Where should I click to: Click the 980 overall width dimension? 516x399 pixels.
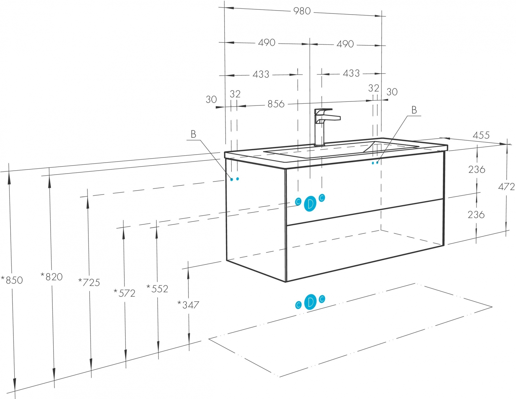(x=302, y=11)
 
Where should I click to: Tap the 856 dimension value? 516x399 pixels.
(x=276, y=104)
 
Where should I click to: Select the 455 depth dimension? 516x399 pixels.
(x=481, y=135)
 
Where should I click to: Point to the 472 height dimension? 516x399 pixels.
(x=506, y=187)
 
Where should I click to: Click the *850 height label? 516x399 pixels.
(x=12, y=280)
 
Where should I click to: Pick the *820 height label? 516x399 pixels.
(x=52, y=276)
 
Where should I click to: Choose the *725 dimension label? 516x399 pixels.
(x=89, y=282)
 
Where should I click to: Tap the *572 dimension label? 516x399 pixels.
(x=125, y=293)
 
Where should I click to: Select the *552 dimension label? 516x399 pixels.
(x=157, y=289)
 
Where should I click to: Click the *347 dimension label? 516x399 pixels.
(x=188, y=305)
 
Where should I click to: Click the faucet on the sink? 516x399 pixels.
(x=325, y=127)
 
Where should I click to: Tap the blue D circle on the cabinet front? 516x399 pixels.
(x=310, y=203)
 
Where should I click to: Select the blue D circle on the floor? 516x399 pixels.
(x=310, y=302)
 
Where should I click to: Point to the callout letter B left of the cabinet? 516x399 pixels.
(x=193, y=134)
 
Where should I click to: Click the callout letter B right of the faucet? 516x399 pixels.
(x=414, y=110)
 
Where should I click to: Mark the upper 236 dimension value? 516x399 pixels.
(x=477, y=170)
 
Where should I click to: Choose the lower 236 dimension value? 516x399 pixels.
(x=476, y=215)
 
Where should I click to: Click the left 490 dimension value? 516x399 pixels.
(x=267, y=43)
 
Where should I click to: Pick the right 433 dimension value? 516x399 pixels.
(x=351, y=73)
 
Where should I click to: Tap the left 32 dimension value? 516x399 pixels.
(x=235, y=94)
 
